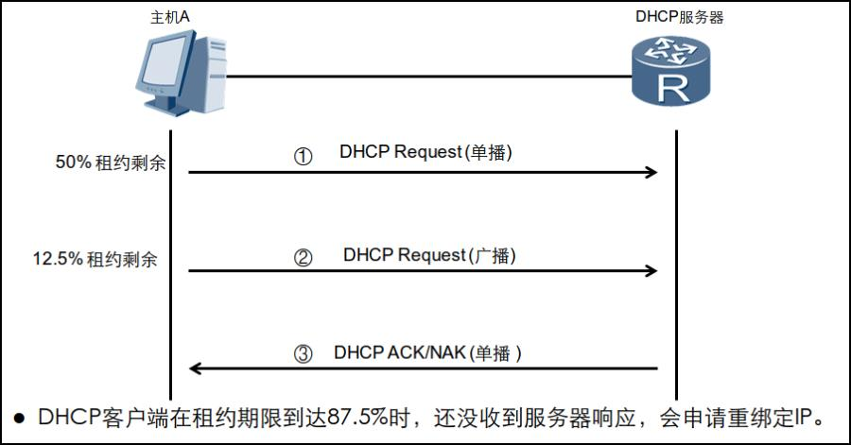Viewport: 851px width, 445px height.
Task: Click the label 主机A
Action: click(170, 17)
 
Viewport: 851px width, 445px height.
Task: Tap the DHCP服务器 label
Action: click(680, 17)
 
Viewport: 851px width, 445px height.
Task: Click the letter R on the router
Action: click(673, 89)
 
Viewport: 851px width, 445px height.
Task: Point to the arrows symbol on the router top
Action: click(670, 52)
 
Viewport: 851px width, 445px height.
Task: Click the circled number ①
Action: click(303, 157)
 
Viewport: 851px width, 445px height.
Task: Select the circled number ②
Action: click(303, 257)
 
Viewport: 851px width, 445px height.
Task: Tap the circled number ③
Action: click(303, 354)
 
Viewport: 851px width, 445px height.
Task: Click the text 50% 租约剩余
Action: click(111, 163)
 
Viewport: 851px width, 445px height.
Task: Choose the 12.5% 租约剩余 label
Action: click(95, 259)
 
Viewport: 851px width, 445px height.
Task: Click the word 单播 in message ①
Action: click(488, 152)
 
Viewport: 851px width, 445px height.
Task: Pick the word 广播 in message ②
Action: click(492, 255)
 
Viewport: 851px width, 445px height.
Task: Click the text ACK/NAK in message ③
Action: click(426, 352)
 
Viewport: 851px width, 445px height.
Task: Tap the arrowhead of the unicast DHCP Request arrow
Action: click(651, 172)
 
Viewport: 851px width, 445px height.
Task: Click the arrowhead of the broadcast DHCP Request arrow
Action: click(651, 270)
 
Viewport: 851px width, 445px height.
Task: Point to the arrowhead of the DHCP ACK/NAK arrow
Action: click(196, 368)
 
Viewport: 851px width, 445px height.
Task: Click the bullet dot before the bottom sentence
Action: click(20, 419)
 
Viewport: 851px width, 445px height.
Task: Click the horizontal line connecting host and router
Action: click(428, 77)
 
